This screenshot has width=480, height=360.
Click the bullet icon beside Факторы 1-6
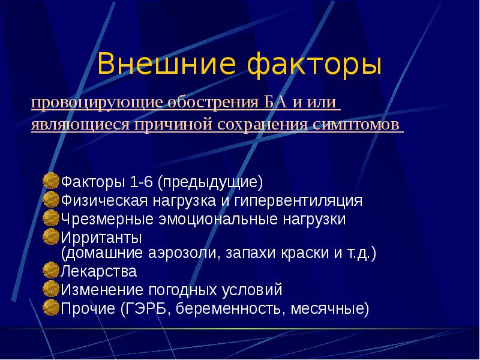pos(52,181)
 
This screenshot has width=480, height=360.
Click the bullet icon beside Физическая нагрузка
pos(52,199)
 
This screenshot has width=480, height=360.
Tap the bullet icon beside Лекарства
pos(52,271)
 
